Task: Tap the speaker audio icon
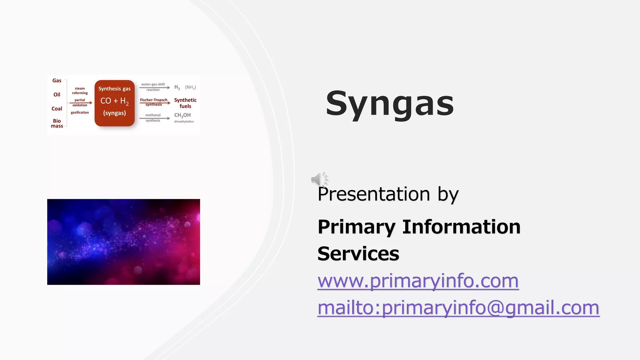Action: point(319,179)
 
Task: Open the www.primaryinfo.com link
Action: point(418,281)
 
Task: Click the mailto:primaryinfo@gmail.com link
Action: point(458,307)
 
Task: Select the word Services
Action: point(358,253)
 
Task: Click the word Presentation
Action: point(374,194)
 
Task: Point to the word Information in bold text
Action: point(461,227)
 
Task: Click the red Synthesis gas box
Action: point(114,103)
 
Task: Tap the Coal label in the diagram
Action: point(57,109)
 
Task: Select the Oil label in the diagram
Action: point(57,95)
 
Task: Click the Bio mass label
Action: point(57,123)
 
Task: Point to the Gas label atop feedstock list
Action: point(57,81)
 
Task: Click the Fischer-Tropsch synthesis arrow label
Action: point(153,102)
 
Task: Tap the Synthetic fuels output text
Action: point(185,103)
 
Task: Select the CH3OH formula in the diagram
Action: point(182,115)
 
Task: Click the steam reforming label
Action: point(80,91)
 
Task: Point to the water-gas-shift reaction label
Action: point(153,87)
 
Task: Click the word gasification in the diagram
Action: point(80,112)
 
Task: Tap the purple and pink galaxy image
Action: point(123,242)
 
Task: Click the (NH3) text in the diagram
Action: point(190,87)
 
